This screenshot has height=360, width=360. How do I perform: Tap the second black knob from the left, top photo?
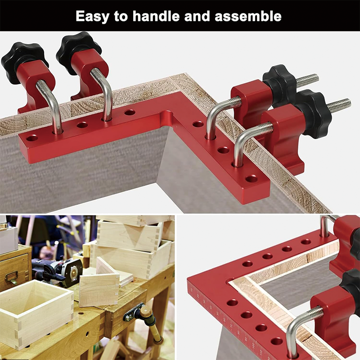(78, 46)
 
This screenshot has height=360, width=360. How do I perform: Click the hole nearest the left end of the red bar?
(32, 138)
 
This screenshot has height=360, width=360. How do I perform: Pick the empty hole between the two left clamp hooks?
(82, 125)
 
